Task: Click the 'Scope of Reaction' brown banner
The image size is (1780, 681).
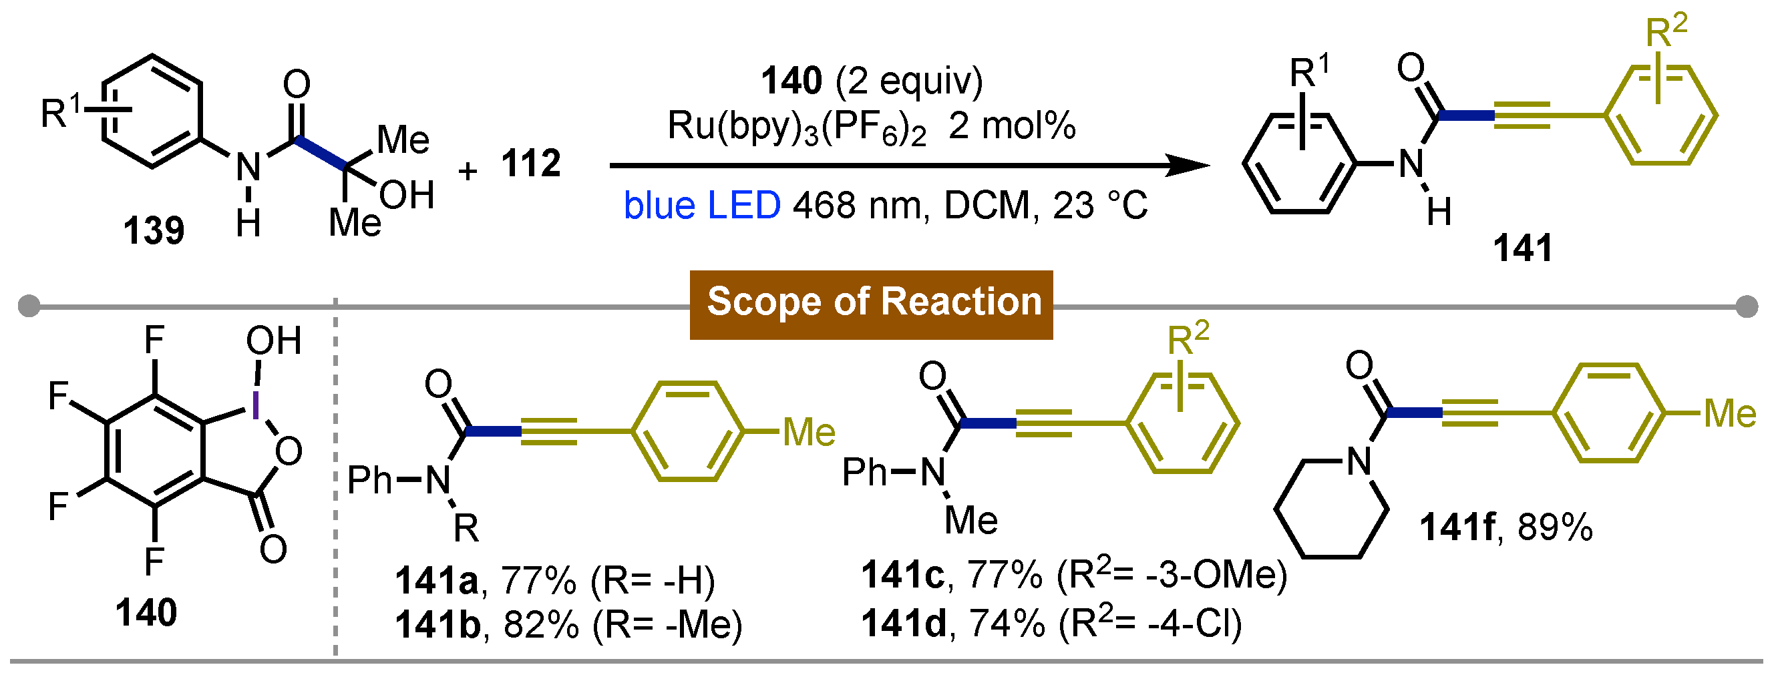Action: [871, 304]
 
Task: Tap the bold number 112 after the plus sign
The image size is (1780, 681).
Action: [531, 164]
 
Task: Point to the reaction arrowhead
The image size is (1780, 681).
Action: [1188, 165]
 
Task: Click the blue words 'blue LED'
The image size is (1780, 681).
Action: [701, 206]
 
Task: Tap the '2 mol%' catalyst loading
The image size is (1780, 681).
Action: [1013, 126]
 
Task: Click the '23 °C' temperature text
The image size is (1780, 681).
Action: [1100, 206]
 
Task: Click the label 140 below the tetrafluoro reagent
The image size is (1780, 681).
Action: [146, 613]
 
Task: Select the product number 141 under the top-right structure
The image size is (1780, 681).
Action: [1522, 248]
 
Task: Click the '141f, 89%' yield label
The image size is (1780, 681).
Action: [1506, 527]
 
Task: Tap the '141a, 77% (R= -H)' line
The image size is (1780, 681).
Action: [555, 580]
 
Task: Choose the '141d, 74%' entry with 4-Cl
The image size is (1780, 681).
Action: [1051, 624]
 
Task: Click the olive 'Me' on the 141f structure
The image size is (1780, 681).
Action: [1729, 414]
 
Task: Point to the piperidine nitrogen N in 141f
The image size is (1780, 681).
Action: [1359, 461]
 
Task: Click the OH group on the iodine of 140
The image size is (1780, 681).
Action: [274, 340]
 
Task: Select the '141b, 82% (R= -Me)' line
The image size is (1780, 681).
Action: [568, 625]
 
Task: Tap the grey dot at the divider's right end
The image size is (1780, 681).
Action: [1746, 306]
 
